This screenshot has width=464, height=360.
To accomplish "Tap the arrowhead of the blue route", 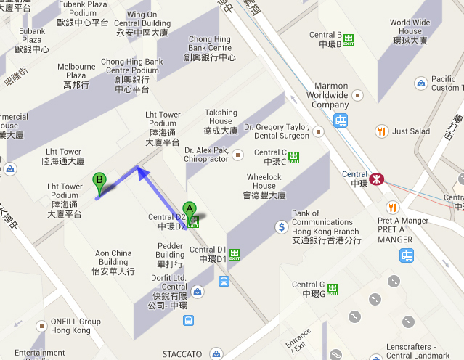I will tap(141, 172).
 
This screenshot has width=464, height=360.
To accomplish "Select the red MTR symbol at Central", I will tap(376, 179).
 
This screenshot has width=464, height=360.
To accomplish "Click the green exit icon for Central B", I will tap(350, 39).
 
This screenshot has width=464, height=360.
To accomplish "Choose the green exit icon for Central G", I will tap(333, 289).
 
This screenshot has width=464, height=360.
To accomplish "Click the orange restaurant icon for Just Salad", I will tap(380, 131).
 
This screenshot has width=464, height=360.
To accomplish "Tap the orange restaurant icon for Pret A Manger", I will tap(393, 207).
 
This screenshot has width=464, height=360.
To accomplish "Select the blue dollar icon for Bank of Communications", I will tap(281, 227).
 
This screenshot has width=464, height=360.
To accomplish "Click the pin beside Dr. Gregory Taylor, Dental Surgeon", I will tap(317, 131).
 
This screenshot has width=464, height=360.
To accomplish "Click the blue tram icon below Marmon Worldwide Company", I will tap(341, 120).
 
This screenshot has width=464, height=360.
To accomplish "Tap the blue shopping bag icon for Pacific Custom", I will tap(420, 83).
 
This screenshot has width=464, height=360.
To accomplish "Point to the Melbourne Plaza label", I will tap(76, 75).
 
